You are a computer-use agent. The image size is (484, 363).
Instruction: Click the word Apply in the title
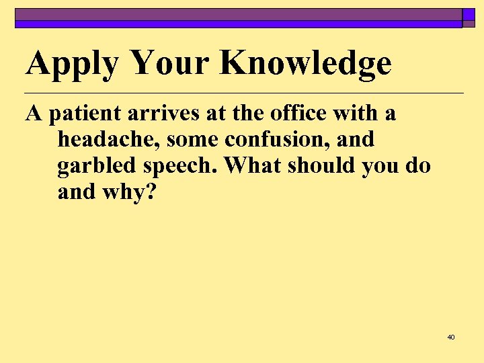pos(73,65)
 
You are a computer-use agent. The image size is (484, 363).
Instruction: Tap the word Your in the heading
pos(171,65)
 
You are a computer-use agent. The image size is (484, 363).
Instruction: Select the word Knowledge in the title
pos(306,63)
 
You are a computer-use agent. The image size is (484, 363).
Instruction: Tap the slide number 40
pos(450,337)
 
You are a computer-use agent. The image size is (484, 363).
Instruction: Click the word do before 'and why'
pos(417,166)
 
